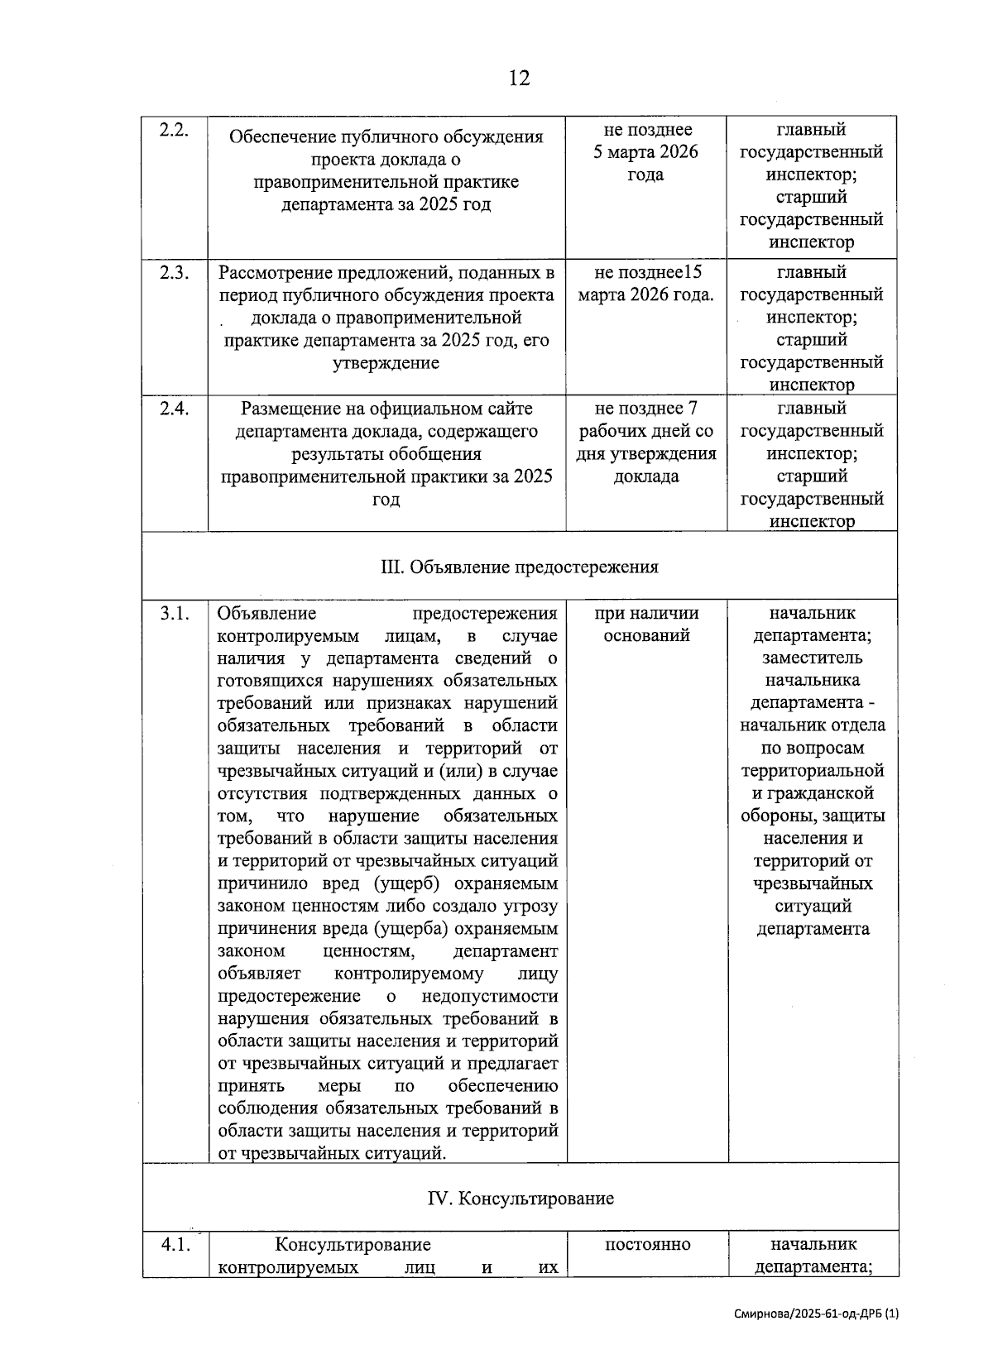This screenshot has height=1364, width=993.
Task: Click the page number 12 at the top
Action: pos(519,79)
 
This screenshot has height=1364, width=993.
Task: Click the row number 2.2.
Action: pos(175,130)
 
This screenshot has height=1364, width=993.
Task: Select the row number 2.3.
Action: pos(175,273)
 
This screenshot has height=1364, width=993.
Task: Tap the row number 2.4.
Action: pos(175,409)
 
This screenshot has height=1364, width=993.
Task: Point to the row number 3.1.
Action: pos(175,614)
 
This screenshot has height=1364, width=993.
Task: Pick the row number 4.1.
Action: pos(175,1245)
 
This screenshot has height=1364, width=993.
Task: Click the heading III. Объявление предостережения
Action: pos(520,567)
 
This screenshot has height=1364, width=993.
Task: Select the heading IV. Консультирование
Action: pos(520,1199)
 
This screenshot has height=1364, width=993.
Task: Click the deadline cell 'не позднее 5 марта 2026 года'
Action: pos(645,152)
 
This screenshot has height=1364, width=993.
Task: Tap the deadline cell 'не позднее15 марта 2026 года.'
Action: pos(645,284)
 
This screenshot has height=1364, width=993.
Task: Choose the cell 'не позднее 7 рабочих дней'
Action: pos(645,443)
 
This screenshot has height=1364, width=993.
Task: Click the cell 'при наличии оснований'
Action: pos(645,625)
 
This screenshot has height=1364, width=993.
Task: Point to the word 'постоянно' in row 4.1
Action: pos(647,1245)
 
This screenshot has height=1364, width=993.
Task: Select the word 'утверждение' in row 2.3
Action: pos(386,363)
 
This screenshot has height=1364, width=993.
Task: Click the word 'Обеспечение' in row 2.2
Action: pos(280,137)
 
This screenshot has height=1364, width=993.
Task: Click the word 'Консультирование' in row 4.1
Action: pos(353,1245)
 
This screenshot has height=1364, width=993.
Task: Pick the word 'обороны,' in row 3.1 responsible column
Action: pos(775,816)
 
